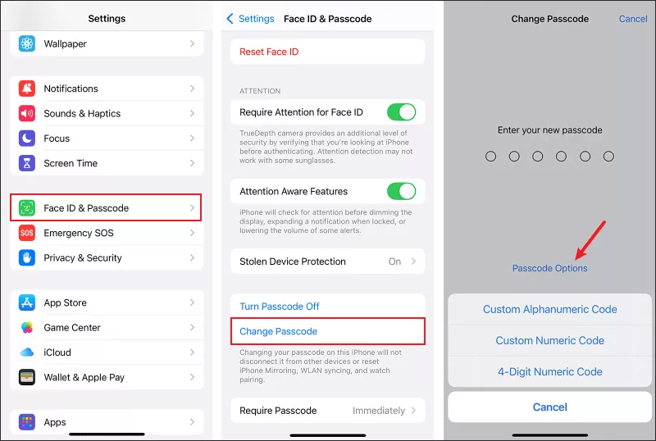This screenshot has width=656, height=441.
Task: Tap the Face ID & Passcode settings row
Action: click(106, 208)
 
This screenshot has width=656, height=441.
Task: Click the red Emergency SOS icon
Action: click(27, 233)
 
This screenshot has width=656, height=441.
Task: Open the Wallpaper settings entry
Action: click(106, 43)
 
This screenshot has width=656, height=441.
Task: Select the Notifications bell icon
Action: click(27, 89)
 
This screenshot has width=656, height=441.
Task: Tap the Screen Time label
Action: click(71, 163)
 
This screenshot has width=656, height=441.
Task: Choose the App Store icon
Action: click(27, 302)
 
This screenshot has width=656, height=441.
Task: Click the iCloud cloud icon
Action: click(27, 352)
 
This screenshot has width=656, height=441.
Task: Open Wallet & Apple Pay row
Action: click(106, 377)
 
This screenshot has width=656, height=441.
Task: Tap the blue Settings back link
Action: click(250, 19)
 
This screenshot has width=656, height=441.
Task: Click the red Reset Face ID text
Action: click(269, 52)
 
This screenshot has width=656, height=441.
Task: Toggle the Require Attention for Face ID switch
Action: click(401, 112)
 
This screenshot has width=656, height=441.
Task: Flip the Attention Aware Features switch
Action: click(401, 191)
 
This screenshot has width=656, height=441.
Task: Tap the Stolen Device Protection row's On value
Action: click(395, 261)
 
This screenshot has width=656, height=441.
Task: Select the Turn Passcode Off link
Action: click(280, 307)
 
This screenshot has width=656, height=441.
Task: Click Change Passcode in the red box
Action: click(279, 331)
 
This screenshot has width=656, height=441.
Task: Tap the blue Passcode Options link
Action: click(549, 268)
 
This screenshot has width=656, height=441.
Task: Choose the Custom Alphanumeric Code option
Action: click(549, 310)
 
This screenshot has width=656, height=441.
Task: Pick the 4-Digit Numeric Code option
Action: click(549, 371)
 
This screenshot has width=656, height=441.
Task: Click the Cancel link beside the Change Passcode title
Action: click(633, 19)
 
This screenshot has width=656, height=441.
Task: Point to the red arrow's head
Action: click(578, 257)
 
